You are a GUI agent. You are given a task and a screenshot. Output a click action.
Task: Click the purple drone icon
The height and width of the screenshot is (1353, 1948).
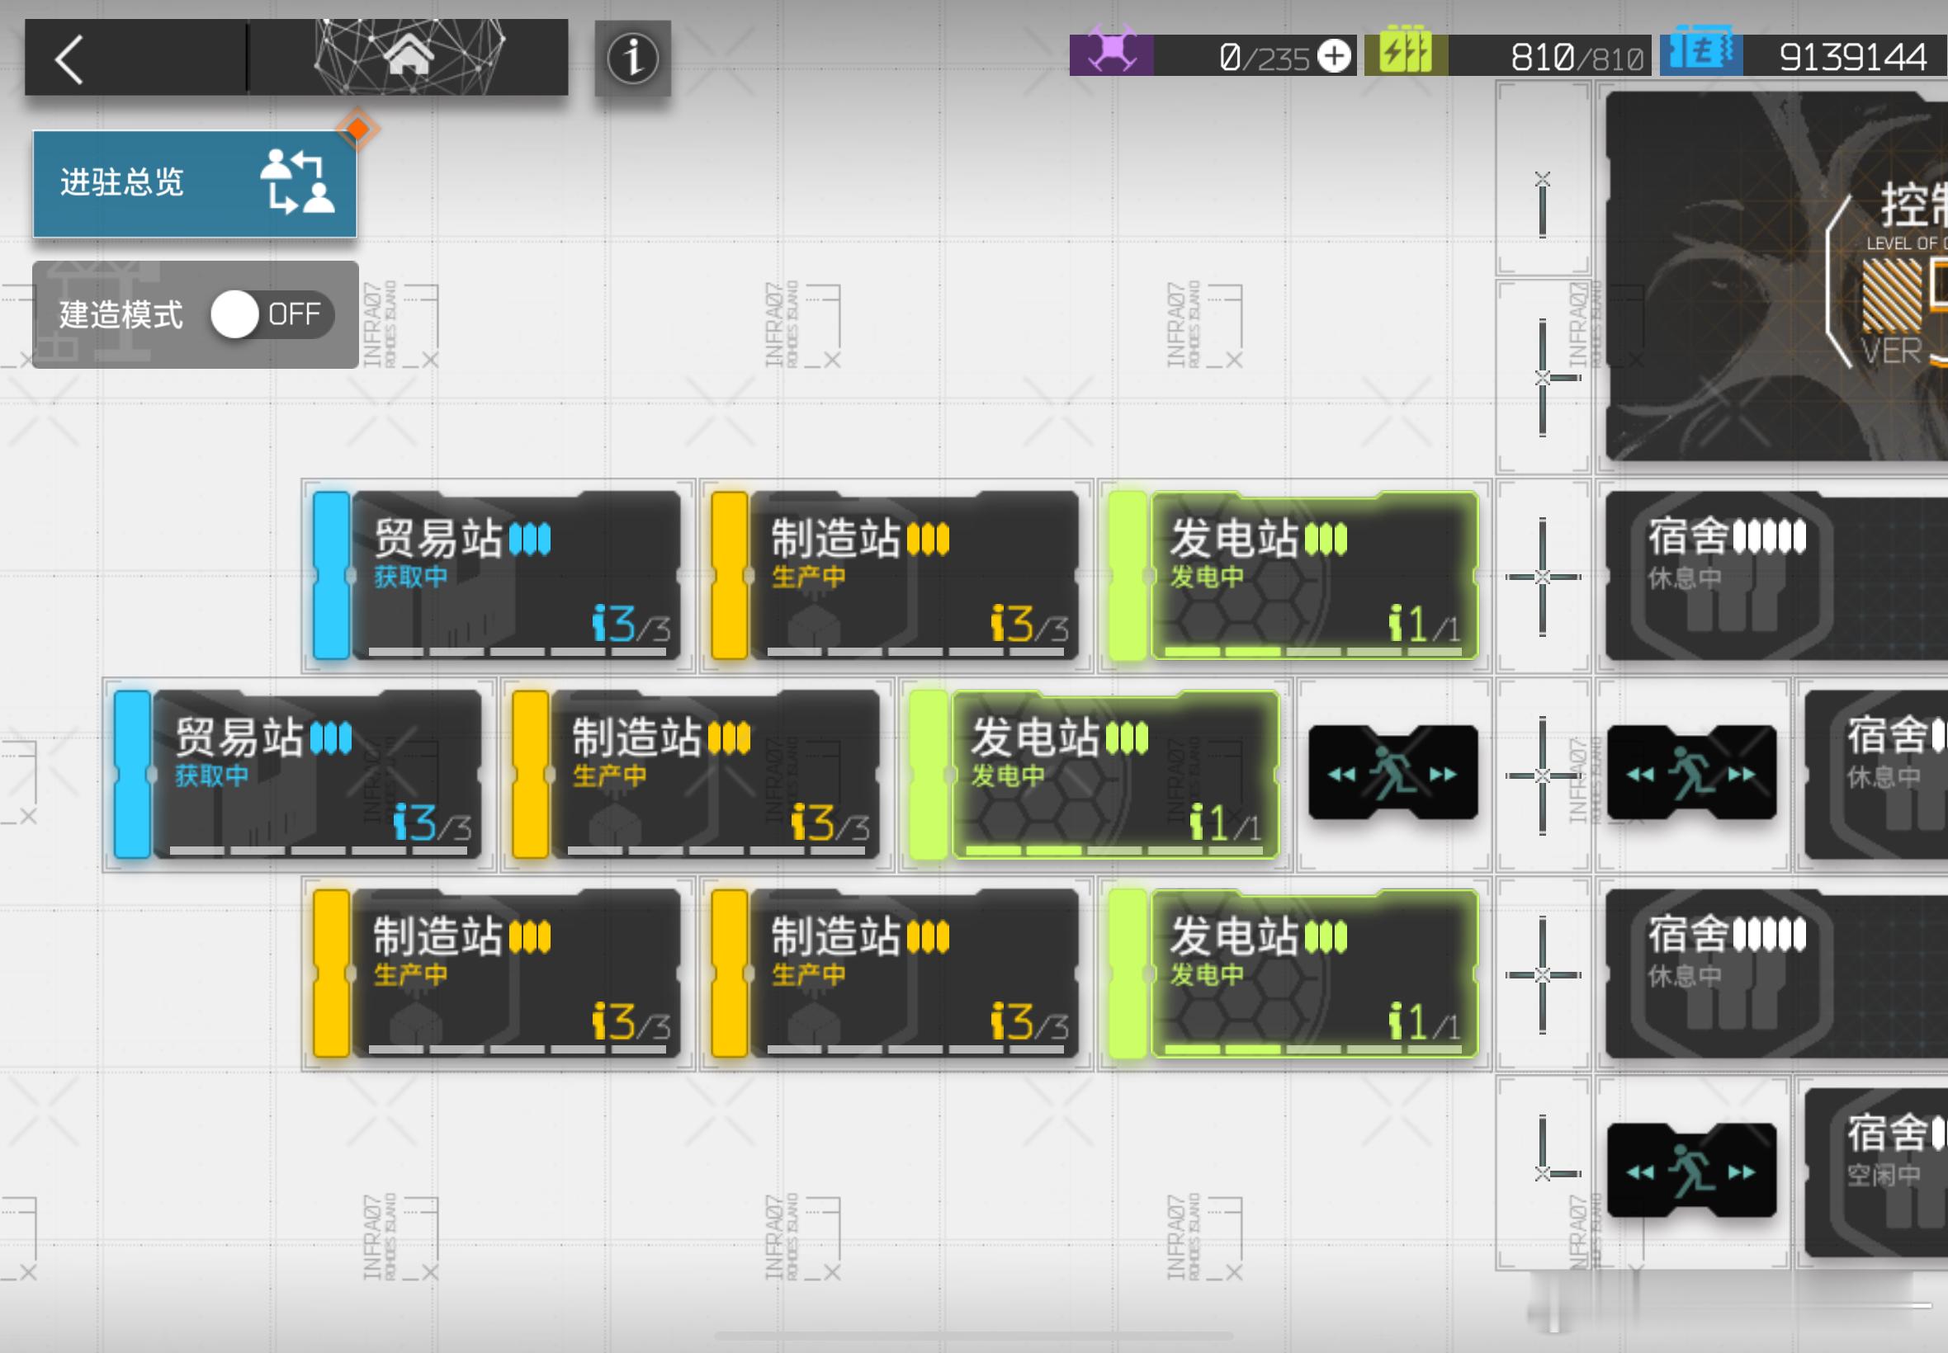tap(1111, 54)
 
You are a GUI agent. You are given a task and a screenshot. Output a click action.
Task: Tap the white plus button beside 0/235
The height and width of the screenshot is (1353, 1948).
tap(1335, 57)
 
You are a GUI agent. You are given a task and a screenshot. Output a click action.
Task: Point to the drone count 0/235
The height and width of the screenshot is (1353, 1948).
tap(1264, 58)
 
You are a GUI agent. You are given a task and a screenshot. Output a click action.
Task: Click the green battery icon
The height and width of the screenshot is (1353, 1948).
tap(1405, 53)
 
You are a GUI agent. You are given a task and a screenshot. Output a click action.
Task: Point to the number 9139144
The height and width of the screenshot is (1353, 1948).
tap(1852, 58)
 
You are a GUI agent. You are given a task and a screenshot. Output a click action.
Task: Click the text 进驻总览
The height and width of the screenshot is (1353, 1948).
tap(122, 182)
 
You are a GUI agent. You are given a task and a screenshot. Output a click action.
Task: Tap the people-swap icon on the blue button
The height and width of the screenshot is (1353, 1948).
tap(297, 182)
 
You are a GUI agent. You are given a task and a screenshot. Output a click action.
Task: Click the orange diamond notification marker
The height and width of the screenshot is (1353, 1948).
tap(357, 130)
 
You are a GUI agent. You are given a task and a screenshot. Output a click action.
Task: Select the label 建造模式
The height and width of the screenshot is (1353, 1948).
tap(121, 314)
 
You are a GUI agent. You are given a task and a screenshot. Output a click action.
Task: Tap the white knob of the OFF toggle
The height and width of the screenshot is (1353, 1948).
tap(235, 314)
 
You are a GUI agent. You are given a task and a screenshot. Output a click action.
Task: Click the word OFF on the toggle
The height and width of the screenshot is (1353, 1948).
tap(295, 314)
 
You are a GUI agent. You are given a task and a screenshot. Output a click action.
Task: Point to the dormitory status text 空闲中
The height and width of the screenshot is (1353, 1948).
tap(1883, 1175)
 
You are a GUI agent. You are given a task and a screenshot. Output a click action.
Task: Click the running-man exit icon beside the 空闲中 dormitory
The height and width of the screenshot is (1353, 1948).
tap(1691, 1171)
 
